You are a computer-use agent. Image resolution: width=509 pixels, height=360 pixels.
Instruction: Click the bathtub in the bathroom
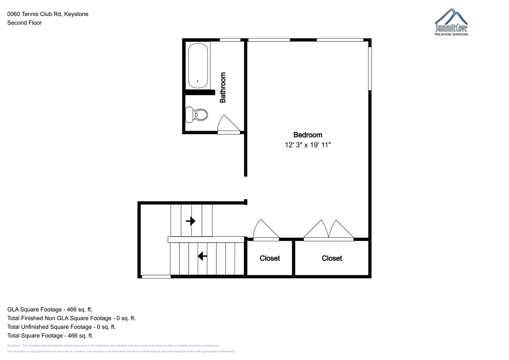(x=198, y=66)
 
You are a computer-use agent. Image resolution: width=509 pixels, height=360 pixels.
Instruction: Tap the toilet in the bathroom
(x=196, y=115)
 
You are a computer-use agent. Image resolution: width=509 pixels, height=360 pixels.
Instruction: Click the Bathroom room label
(x=223, y=87)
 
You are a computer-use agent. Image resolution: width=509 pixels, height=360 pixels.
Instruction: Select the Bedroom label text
(x=308, y=135)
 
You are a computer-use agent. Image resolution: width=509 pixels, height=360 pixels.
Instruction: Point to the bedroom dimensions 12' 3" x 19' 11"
(x=308, y=145)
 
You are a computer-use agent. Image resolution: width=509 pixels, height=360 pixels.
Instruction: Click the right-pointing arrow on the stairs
(x=190, y=221)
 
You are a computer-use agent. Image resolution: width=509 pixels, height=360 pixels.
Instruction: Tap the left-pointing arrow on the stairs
(x=202, y=256)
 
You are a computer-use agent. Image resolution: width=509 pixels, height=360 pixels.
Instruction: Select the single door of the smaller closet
(x=266, y=230)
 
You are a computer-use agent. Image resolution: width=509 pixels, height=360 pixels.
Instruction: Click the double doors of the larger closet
(x=329, y=230)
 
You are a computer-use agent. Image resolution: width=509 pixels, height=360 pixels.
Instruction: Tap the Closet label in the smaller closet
(x=270, y=258)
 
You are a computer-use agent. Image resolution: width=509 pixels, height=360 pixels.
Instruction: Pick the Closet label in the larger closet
(x=332, y=258)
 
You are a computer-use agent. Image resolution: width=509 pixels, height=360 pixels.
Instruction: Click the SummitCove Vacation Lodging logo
(x=451, y=22)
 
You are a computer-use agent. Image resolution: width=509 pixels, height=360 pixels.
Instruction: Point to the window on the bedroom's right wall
(x=370, y=69)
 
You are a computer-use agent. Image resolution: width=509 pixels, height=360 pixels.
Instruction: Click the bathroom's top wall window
(x=230, y=40)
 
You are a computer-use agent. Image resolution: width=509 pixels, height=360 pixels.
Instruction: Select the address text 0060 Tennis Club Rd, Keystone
(x=48, y=14)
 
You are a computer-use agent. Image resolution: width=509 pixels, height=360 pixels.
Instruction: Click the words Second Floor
(x=25, y=23)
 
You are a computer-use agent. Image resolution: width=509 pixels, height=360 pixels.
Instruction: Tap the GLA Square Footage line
(x=50, y=310)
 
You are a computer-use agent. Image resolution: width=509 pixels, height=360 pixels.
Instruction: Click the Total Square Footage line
(x=50, y=335)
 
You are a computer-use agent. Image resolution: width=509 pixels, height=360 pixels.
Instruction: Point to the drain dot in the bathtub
(x=198, y=81)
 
